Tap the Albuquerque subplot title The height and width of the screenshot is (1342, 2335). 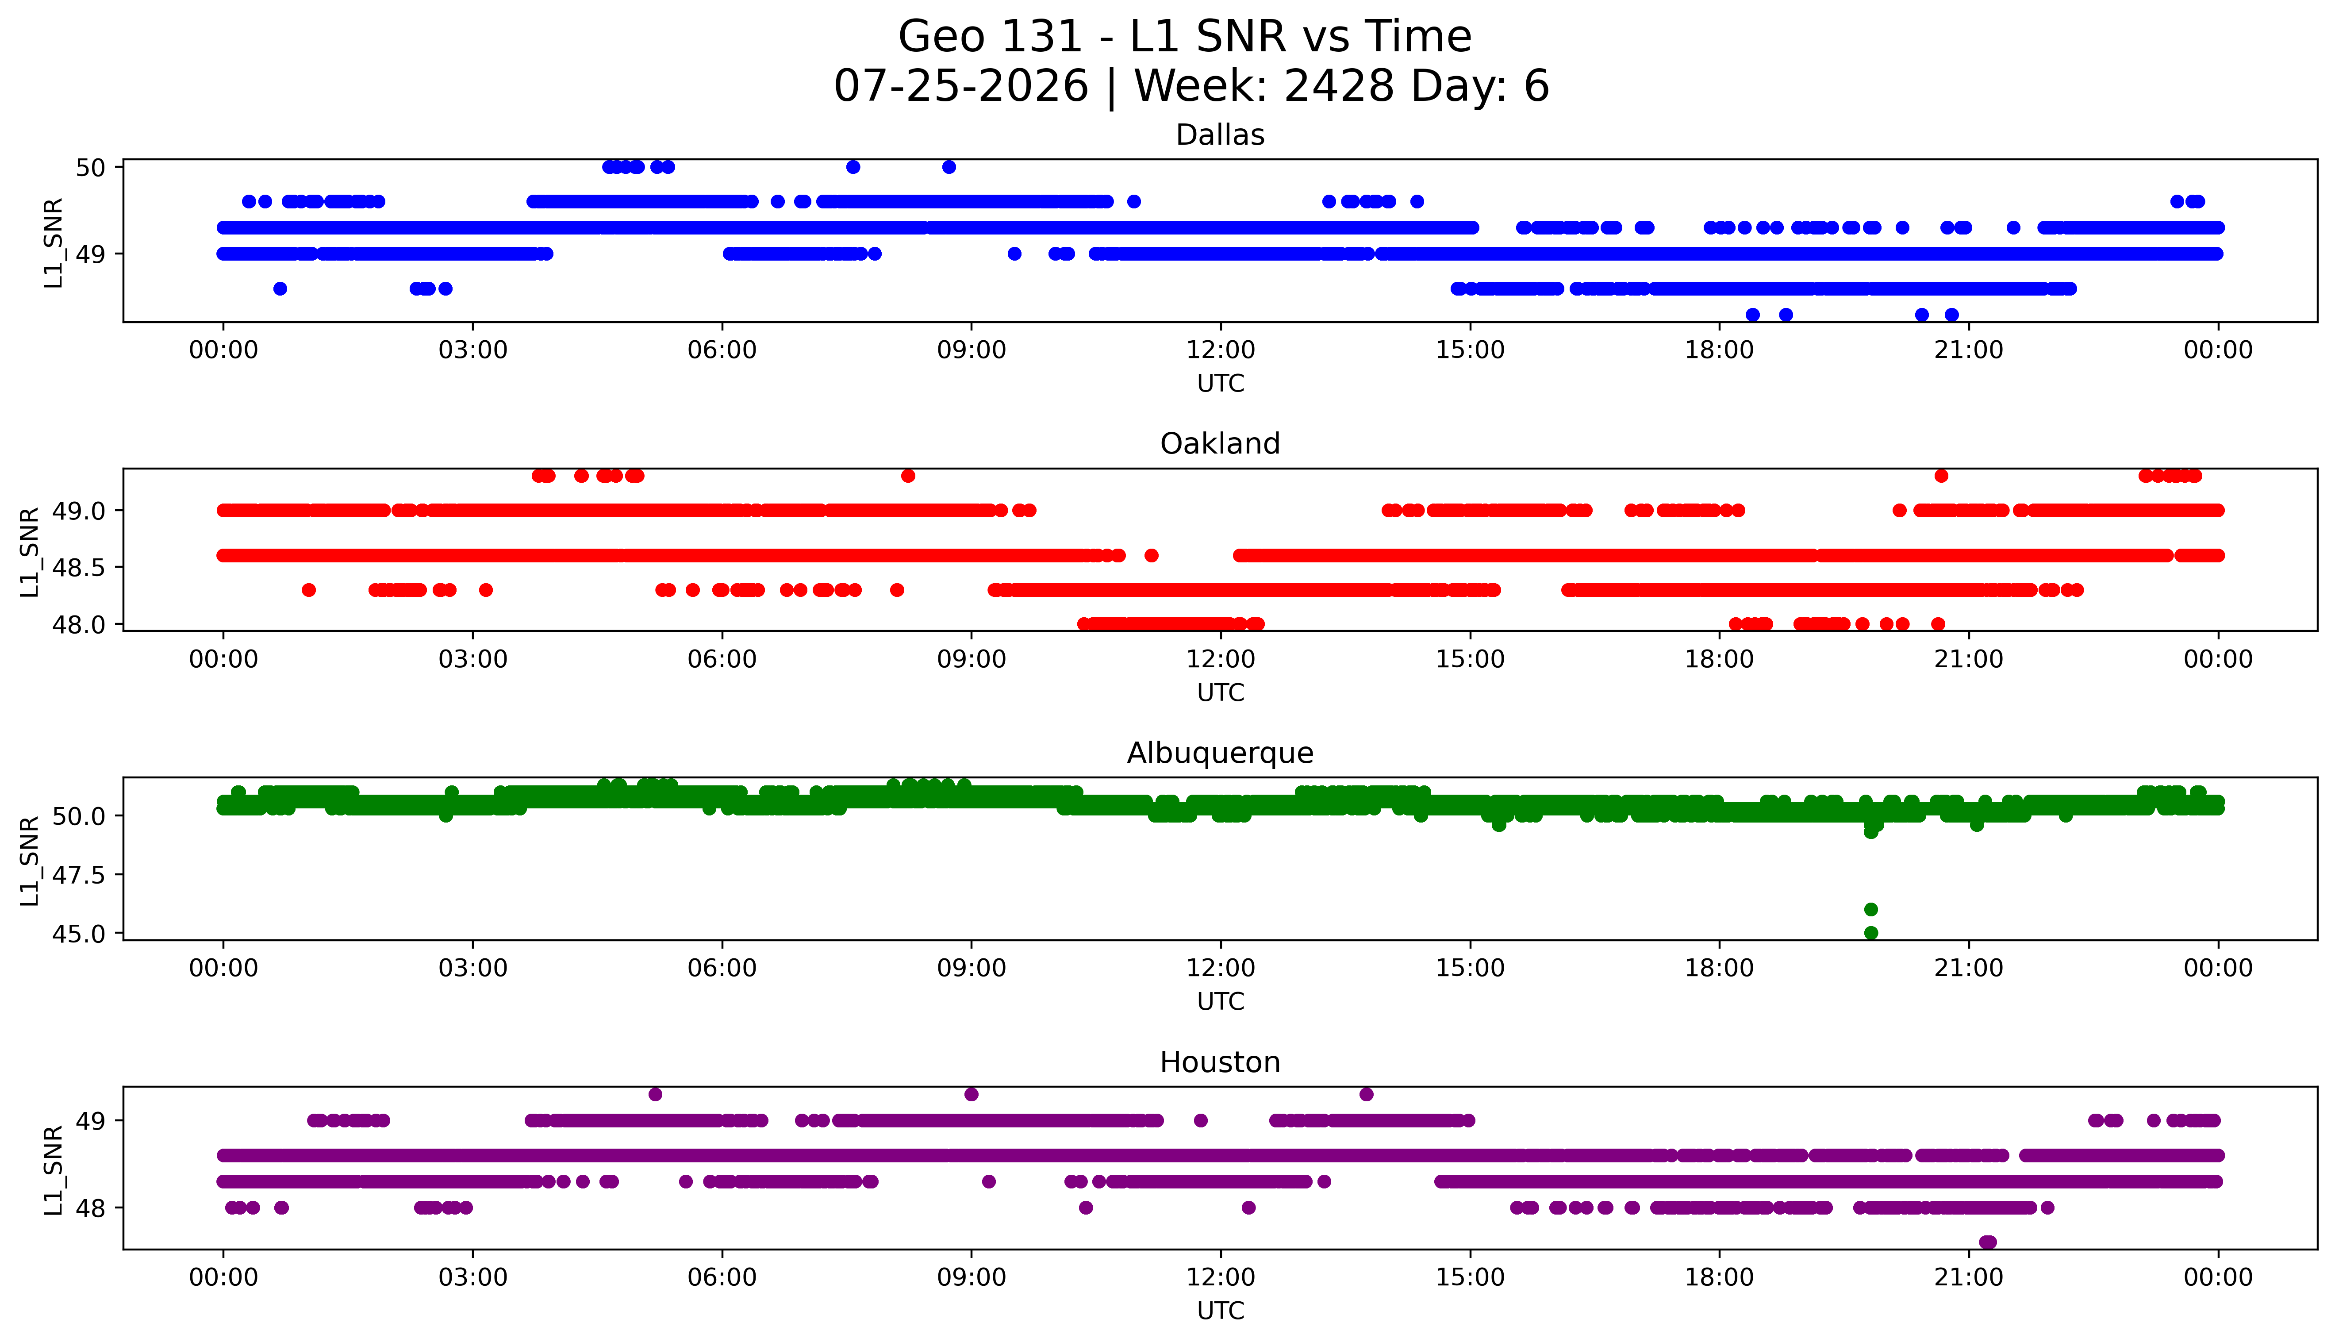click(x=1220, y=753)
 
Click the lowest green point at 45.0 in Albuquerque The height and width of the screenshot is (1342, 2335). click(x=1870, y=933)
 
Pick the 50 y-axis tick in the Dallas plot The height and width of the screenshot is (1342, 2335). click(x=91, y=167)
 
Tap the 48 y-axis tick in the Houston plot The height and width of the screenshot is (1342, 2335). click(x=91, y=1207)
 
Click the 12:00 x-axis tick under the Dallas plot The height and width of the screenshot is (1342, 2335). click(x=1220, y=350)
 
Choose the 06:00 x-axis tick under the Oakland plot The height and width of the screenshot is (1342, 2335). click(x=722, y=659)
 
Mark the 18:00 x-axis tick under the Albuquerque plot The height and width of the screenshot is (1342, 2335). click(x=1720, y=968)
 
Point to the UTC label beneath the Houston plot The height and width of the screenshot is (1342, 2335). click(x=1220, y=1311)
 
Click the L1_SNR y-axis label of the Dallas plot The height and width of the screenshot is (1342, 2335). click(x=54, y=242)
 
